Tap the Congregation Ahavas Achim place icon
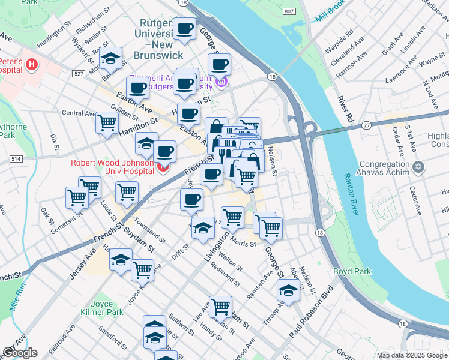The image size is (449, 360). (x=419, y=165)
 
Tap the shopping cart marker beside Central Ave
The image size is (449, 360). (x=107, y=122)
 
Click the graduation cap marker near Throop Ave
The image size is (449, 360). (x=288, y=291)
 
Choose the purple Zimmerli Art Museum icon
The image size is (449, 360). (x=222, y=81)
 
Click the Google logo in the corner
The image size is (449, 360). (x=20, y=352)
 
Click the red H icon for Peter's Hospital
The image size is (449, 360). (x=31, y=64)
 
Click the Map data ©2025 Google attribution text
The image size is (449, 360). (x=411, y=355)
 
